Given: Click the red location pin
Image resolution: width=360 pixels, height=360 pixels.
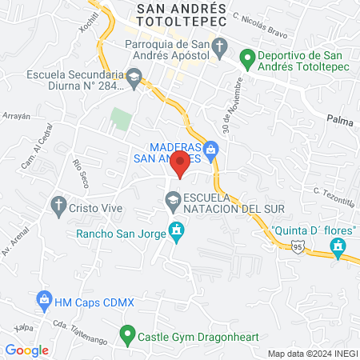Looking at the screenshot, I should (181, 165).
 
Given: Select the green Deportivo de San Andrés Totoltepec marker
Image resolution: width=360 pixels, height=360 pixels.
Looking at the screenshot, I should (248, 58).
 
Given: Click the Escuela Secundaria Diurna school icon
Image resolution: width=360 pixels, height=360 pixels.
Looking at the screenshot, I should (134, 78).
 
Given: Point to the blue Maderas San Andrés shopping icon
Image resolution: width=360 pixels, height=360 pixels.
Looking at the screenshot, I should (211, 147).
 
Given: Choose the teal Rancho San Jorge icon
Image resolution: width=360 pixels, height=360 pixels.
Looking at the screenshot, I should (177, 234).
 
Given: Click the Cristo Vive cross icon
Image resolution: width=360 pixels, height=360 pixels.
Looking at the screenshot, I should (58, 206).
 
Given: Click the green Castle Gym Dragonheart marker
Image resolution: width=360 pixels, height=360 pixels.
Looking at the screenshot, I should (126, 334).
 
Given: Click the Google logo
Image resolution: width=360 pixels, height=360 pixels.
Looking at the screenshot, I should (27, 350).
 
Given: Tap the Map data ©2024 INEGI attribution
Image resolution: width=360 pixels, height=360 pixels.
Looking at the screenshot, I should (312, 353).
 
